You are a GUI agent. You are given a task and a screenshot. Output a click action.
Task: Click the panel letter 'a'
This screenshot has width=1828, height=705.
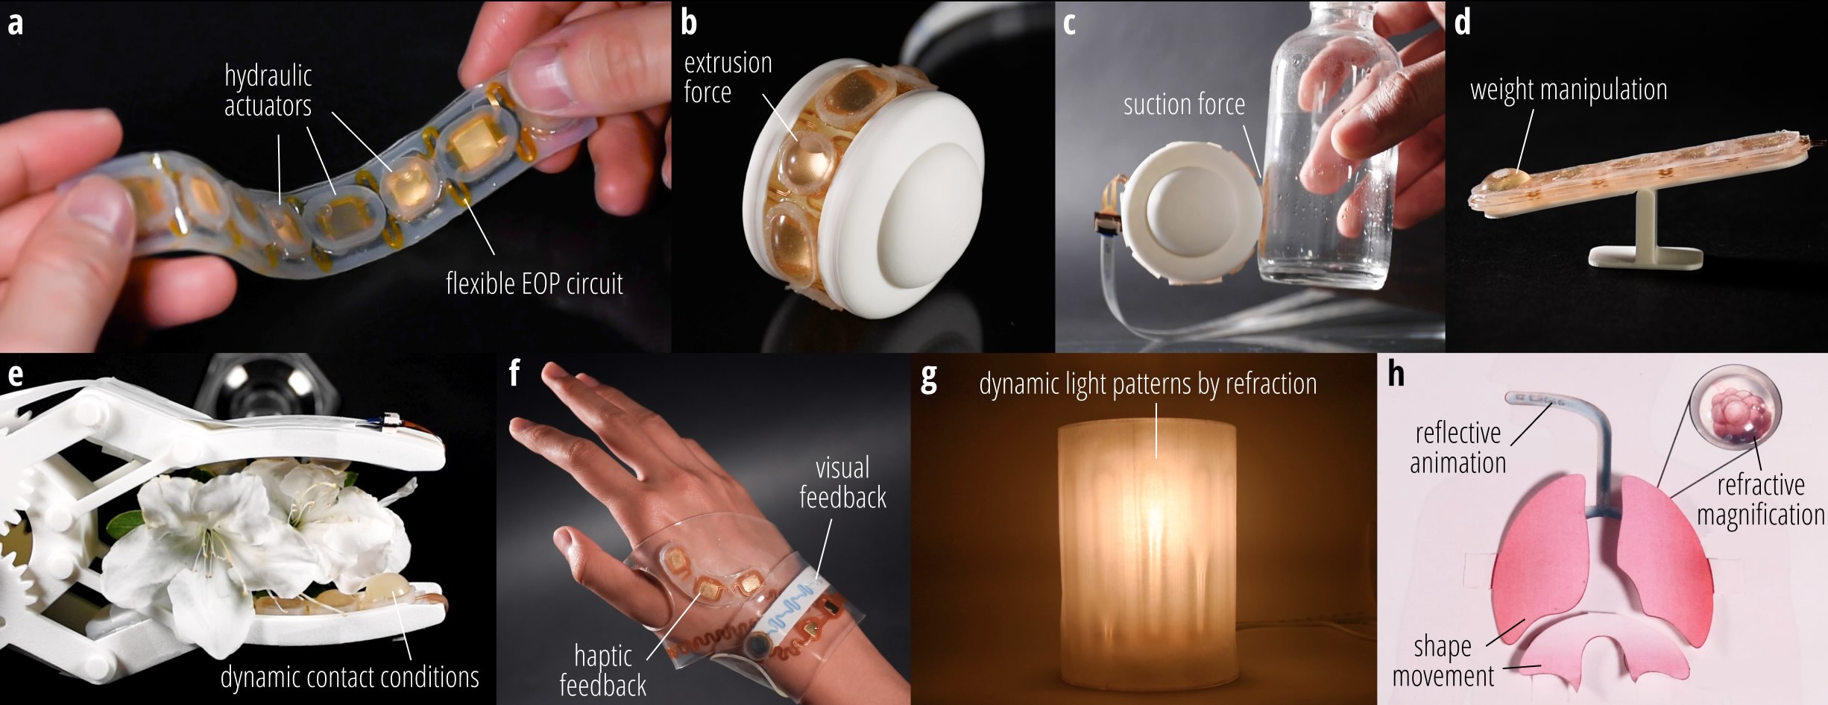tap(15, 24)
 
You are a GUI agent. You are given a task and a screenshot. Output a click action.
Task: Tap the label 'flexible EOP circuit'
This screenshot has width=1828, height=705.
tap(534, 283)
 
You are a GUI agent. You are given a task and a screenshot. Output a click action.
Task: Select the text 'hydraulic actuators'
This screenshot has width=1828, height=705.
tap(268, 91)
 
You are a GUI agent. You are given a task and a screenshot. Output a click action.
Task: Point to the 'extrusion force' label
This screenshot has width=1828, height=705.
tap(728, 78)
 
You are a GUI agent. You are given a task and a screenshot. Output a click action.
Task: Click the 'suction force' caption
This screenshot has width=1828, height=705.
tap(1184, 104)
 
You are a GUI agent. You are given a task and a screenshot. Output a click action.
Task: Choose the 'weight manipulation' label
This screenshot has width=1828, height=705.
tap(1569, 90)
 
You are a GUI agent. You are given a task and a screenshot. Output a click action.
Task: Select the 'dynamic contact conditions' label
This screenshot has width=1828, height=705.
tap(350, 677)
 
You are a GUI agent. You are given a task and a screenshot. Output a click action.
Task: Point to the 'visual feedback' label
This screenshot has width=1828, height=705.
tap(842, 483)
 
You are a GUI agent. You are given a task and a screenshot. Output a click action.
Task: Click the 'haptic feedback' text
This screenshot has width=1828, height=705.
tap(602, 671)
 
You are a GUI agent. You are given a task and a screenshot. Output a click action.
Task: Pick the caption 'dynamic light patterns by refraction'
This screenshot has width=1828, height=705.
tap(1147, 383)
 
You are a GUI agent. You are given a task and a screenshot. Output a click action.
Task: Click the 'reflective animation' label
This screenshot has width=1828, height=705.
tap(1457, 448)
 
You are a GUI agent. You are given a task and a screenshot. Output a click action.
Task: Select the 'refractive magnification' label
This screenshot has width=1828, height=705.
tap(1761, 500)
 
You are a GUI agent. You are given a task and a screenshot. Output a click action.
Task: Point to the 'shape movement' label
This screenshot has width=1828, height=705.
tap(1443, 661)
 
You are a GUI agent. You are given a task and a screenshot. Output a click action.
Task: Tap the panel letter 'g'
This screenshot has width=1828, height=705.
tap(929, 379)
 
